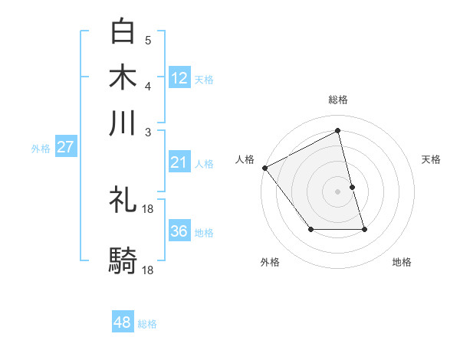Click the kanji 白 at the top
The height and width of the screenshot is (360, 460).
tap(123, 32)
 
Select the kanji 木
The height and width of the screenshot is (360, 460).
tap(123, 77)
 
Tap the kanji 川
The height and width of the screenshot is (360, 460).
tap(123, 123)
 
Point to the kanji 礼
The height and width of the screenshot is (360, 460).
tap(123, 200)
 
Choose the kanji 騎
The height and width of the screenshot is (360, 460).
tap(123, 261)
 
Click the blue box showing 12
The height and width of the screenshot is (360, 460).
tap(179, 78)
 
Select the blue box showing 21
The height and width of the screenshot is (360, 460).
tap(179, 162)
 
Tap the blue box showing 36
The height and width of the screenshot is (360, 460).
tap(179, 231)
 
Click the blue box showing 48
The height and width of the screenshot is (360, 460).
tap(123, 322)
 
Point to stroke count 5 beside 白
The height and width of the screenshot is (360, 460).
tap(148, 40)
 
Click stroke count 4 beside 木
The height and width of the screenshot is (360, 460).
tap(148, 85)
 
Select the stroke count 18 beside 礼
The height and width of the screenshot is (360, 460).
tap(149, 208)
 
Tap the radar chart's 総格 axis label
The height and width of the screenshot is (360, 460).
tap(338, 100)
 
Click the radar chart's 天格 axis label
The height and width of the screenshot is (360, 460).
tap(432, 159)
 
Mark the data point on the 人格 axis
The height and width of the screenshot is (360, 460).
tap(264, 168)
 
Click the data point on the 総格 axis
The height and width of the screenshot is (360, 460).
tap(338, 131)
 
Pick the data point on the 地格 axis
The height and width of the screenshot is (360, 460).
tap(364, 229)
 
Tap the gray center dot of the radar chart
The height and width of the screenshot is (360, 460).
tap(338, 191)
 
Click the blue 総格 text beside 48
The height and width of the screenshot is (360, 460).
tap(147, 324)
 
